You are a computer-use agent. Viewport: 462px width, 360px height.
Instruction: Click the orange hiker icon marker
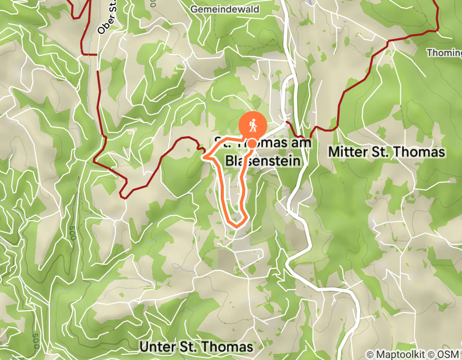pos(253,124)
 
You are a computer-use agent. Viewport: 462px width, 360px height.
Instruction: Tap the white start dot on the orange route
pos(253,143)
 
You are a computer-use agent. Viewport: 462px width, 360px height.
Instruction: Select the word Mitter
pos(348,152)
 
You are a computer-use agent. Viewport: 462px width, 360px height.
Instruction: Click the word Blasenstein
pos(262,161)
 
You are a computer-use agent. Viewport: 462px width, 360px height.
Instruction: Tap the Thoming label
pos(445,52)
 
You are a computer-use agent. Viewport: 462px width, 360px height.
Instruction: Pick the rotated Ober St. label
pos(107,18)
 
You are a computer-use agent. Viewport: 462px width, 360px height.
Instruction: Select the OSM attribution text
pos(450,354)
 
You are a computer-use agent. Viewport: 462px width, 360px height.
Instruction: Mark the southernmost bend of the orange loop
pos(236,224)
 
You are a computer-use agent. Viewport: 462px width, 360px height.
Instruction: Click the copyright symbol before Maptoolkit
pos(370,354)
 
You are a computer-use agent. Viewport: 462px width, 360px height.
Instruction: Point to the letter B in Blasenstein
pos(229,161)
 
